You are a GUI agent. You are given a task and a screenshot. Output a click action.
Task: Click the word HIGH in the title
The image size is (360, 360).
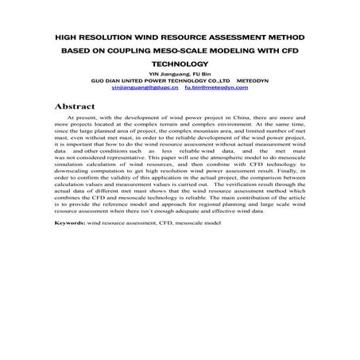click(67, 37)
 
